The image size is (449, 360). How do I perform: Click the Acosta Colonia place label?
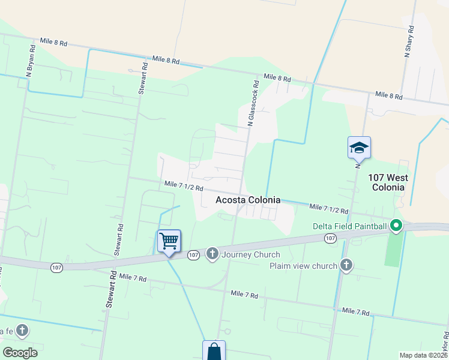pos(247,200)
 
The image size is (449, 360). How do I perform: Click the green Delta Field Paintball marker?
pos(396,226)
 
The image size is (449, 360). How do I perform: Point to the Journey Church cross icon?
pos(212,254)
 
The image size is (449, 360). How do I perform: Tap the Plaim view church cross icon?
pos(346,266)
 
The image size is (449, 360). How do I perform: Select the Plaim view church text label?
pos(303,266)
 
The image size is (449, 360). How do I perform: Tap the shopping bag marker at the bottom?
pos(214,352)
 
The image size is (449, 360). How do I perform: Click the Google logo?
pos(20,353)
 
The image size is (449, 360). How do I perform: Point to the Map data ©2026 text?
pos(423,355)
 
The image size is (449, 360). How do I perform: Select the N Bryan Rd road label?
pos(30,61)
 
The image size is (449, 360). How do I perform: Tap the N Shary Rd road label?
pos(409,41)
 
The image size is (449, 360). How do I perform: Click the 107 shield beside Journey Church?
pos(193,255)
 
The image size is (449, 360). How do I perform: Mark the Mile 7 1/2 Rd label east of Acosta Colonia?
pos(329,208)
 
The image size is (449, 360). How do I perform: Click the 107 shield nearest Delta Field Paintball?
pos(330,238)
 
